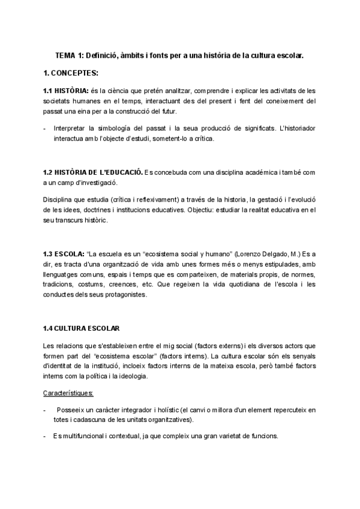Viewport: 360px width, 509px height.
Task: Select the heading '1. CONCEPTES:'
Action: [x=70, y=73]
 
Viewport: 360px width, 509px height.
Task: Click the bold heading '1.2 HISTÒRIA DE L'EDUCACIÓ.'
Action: [x=92, y=172]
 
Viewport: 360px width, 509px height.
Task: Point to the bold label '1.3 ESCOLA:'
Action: [x=64, y=254]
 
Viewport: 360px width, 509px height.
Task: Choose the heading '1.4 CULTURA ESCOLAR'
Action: [x=82, y=328]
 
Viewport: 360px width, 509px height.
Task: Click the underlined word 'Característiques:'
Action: [x=68, y=393]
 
